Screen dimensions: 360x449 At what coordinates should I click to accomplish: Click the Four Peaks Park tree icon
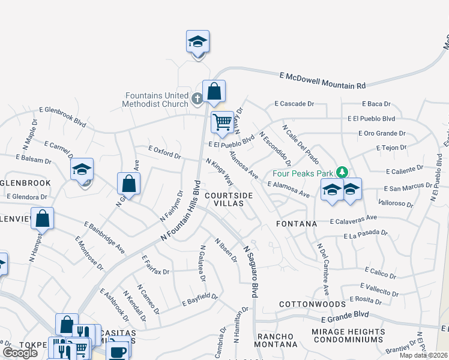342,172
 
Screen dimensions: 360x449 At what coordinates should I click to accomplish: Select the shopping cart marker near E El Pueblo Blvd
222,122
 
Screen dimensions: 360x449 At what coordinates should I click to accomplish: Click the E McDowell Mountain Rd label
322,80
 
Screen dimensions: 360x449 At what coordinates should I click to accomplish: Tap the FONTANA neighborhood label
296,224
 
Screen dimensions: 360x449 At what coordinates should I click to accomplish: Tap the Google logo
20,352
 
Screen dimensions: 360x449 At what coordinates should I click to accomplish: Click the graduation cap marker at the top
197,42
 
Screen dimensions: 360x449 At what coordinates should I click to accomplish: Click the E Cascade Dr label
294,104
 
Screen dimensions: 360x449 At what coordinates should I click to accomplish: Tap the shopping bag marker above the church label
214,92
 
